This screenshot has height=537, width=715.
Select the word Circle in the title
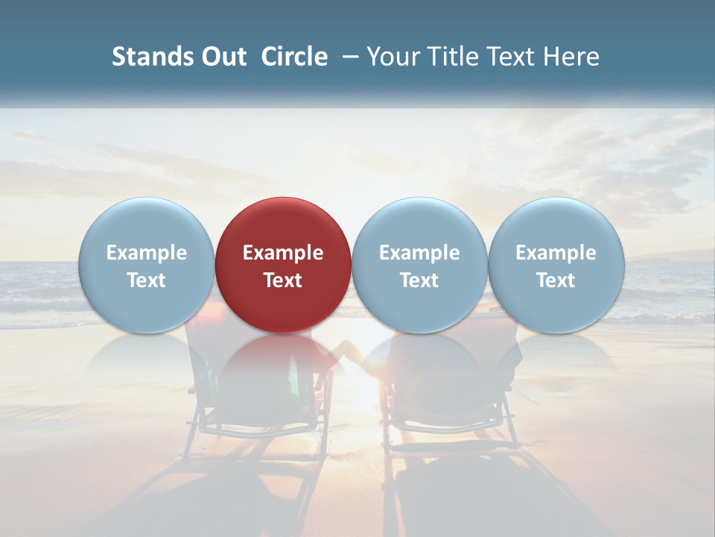point(294,57)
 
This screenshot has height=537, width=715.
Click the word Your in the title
point(390,57)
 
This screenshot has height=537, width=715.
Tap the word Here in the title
point(571,57)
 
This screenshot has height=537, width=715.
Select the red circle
point(283,265)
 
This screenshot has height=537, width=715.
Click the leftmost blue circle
point(146,265)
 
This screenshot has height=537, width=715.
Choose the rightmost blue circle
point(556,265)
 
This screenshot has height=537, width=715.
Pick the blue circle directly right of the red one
point(419,265)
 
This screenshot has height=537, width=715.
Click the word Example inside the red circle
point(283,253)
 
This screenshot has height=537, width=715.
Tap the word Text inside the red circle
point(283,280)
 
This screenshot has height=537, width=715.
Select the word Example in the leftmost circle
point(146,253)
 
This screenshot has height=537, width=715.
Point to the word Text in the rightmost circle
point(556,280)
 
